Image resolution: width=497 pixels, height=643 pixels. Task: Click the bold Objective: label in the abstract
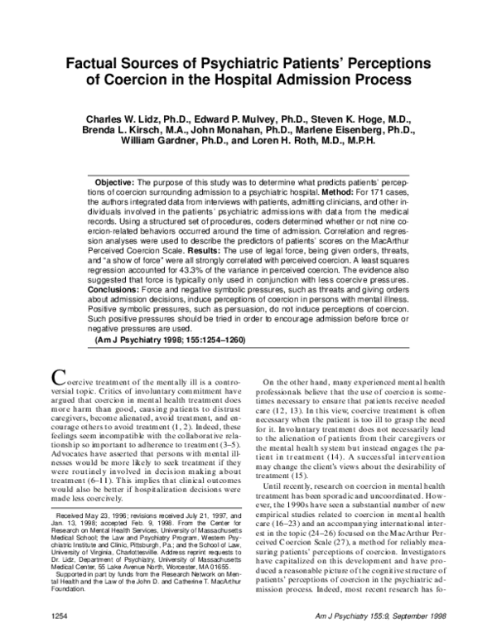[121, 182]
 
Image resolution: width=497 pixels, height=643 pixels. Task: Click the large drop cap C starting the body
[59, 375]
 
